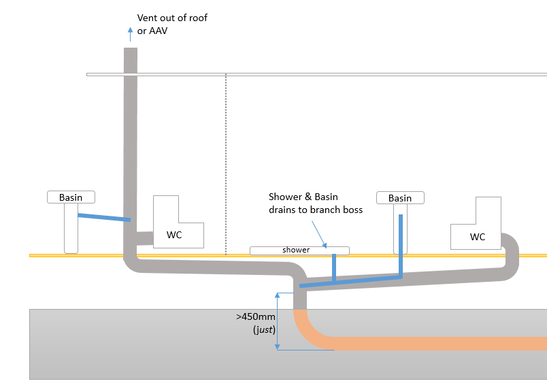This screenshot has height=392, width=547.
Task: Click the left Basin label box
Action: pyautogui.click(x=71, y=197)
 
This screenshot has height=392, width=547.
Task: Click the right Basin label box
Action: pyautogui.click(x=400, y=198)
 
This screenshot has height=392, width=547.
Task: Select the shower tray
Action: pyautogui.click(x=299, y=250)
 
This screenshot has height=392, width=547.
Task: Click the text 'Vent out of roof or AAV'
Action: pyautogui.click(x=172, y=24)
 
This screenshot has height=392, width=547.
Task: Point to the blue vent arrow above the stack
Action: pyautogui.click(x=130, y=35)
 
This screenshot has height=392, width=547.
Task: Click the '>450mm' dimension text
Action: pyautogui.click(x=251, y=316)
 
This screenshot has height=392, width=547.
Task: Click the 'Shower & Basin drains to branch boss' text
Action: pyautogui.click(x=316, y=203)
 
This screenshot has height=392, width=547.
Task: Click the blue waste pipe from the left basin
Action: pyautogui.click(x=103, y=217)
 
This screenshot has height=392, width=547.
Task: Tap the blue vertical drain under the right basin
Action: pyautogui.click(x=400, y=245)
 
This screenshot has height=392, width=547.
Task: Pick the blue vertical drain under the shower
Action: pyautogui.click(x=334, y=267)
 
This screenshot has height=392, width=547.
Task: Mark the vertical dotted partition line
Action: pyautogui.click(x=226, y=163)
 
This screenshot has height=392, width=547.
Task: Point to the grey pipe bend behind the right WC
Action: pyautogui.click(x=511, y=252)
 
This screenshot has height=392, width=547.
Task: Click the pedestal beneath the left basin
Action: pyautogui.click(x=71, y=228)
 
